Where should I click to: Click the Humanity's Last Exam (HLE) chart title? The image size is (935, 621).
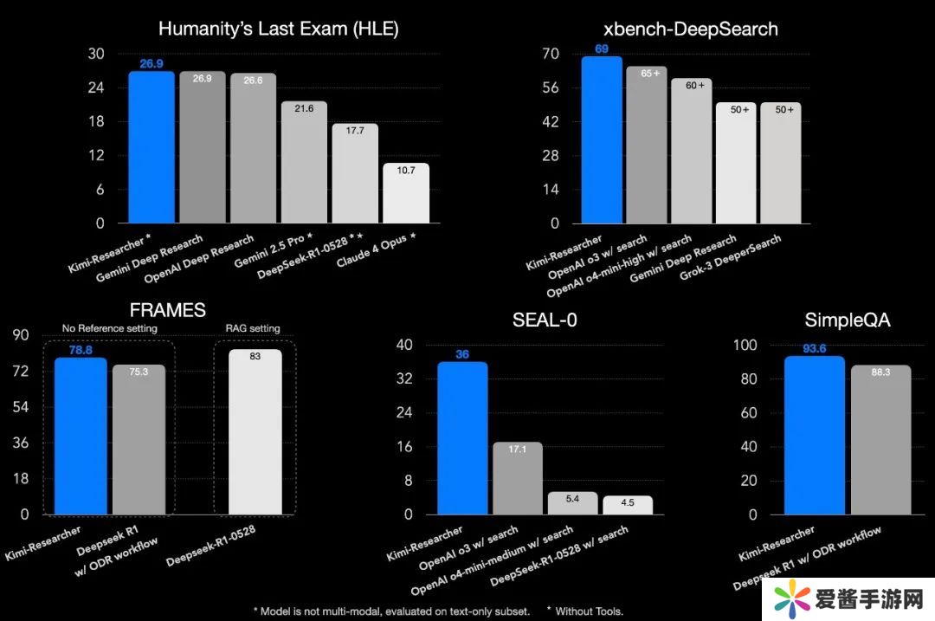(x=278, y=29)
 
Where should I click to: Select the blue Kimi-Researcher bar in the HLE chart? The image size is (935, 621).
(x=152, y=147)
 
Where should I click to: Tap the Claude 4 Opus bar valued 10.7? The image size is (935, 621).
(x=406, y=193)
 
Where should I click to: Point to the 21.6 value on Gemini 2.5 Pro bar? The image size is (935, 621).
(x=304, y=108)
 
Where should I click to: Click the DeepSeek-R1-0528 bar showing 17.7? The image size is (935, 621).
(x=355, y=173)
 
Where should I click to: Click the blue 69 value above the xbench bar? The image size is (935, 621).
(x=602, y=49)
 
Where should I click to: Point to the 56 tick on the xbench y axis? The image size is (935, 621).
(x=550, y=87)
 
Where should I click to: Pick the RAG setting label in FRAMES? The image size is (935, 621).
(x=255, y=328)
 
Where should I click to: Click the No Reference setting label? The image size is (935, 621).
(x=109, y=328)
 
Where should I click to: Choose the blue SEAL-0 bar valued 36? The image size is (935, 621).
(x=462, y=437)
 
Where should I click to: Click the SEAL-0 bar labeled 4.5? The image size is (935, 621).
(x=628, y=505)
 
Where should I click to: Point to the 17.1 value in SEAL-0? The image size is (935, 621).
(x=518, y=450)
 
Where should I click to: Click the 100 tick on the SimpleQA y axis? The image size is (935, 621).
(x=745, y=345)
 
